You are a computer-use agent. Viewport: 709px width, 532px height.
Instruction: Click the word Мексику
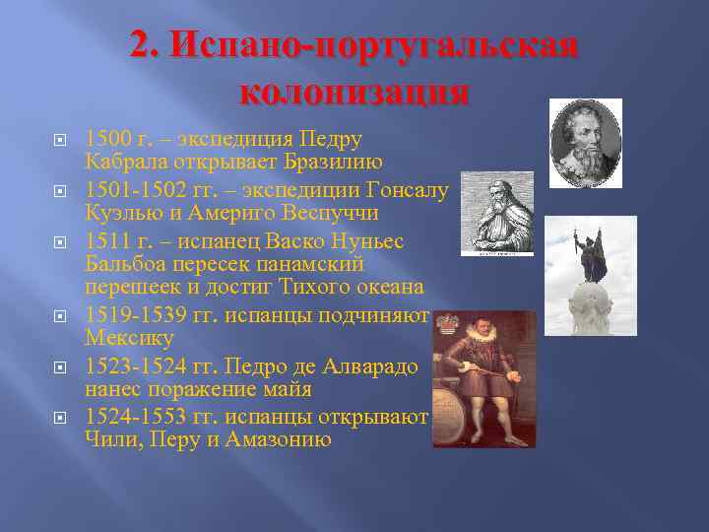pos(129,338)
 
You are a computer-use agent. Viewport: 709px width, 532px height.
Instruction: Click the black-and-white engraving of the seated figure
pos(496,213)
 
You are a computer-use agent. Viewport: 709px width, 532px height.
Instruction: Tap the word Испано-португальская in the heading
pos(354,44)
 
